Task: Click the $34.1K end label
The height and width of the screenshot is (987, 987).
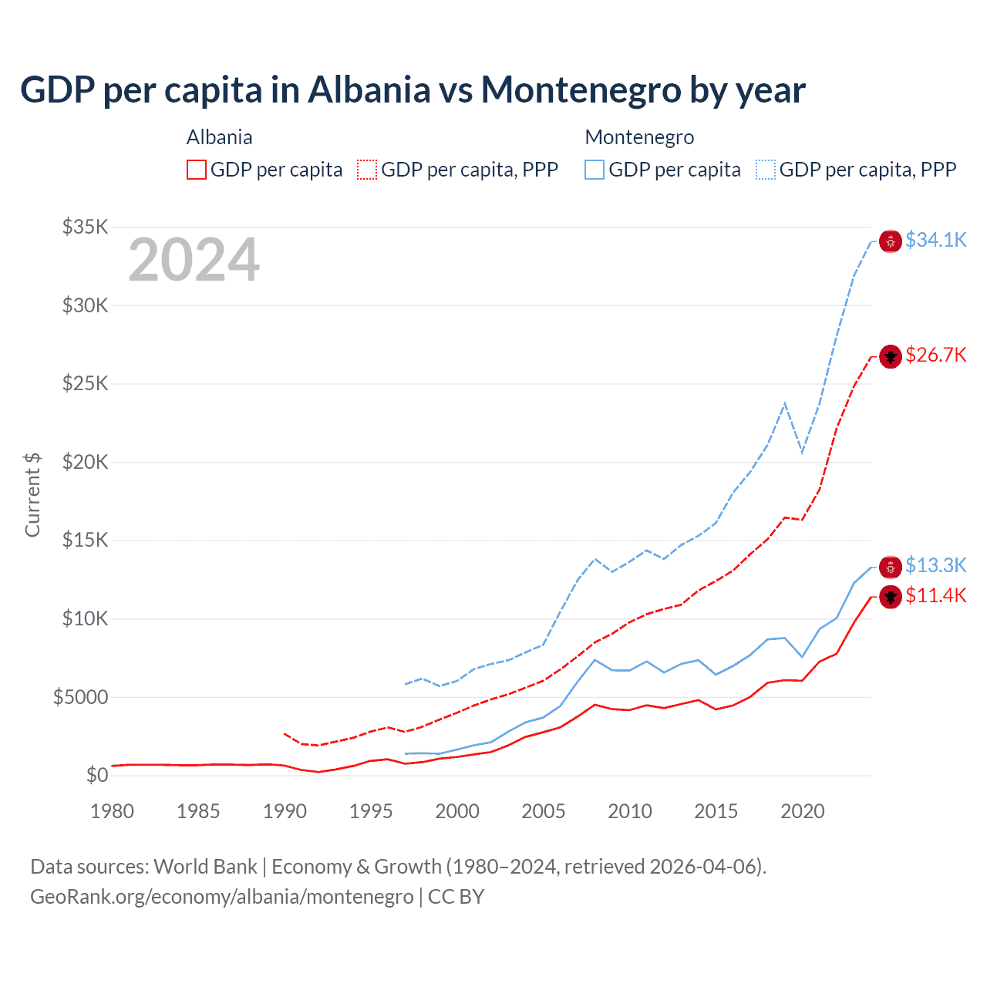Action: pos(935,241)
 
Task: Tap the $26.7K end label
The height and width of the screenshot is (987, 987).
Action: pos(935,355)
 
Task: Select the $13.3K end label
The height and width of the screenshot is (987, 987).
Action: pos(935,566)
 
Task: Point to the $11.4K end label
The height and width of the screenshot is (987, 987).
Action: pos(935,596)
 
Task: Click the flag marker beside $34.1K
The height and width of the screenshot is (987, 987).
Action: pos(891,241)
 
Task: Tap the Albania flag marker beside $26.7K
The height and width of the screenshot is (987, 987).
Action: pos(891,356)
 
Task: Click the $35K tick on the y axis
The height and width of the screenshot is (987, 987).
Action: pos(86,227)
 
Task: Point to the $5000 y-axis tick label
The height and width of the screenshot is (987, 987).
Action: pos(80,698)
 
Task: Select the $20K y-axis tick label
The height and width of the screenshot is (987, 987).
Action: pos(86,463)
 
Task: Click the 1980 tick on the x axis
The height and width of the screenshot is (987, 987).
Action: pos(113,811)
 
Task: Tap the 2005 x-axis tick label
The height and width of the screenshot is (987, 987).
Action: pos(544,811)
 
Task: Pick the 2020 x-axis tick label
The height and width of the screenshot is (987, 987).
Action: pos(803,811)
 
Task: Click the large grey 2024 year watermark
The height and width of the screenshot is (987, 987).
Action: pos(194,261)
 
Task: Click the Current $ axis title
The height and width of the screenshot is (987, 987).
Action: pos(32,494)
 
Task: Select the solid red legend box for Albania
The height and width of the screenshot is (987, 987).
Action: pos(197,170)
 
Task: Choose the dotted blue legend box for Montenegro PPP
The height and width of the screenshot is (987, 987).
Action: pos(766,170)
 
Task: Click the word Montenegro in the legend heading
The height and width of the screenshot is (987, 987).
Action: pos(639,137)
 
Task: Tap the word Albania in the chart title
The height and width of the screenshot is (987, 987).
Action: pos(369,90)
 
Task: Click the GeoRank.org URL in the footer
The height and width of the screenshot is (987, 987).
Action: pos(222,897)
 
